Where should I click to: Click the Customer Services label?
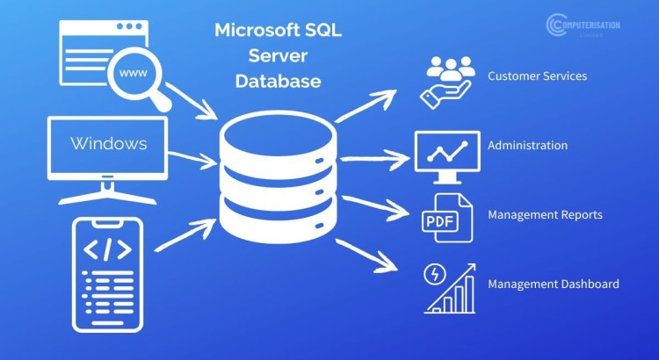537,76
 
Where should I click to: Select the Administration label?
527,146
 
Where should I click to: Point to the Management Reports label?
545,214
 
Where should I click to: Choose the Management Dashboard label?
554,284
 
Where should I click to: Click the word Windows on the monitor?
108,143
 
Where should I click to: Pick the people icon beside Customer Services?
449,79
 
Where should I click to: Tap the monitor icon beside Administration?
446,151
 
